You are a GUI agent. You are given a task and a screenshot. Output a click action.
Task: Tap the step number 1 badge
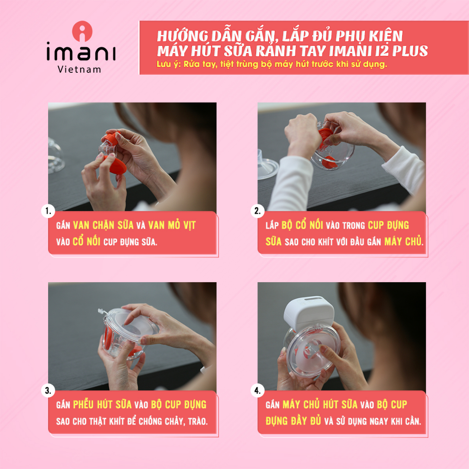pos(48,211)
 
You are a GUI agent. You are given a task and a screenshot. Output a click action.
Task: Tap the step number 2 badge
pos(257,211)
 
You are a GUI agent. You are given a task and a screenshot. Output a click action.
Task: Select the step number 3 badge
pos(48,391)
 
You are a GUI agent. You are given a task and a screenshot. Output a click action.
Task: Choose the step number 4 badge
pos(257,391)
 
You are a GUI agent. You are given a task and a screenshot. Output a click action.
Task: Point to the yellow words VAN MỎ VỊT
pos(172,225)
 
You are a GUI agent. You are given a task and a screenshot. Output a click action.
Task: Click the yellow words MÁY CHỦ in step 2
pos(403,241)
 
